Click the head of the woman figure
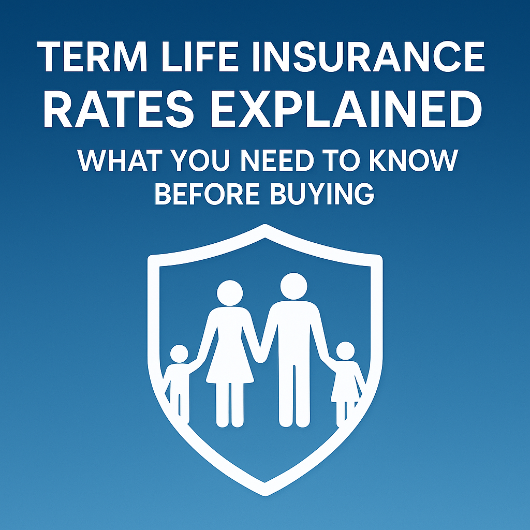coord(229,293)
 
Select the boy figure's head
coord(179,354)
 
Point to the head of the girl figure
coord(345,351)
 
